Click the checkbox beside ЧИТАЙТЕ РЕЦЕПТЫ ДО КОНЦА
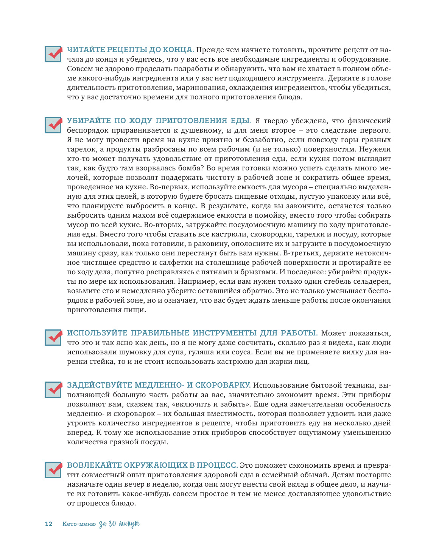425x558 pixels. (x=53, y=54)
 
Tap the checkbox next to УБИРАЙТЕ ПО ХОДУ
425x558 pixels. (x=53, y=125)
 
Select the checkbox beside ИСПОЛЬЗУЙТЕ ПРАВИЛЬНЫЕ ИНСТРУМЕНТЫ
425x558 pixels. (x=53, y=337)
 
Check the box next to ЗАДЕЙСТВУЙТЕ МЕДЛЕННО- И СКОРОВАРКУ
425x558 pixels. (x=53, y=390)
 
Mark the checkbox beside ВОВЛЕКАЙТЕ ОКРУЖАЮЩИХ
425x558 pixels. (x=53, y=470)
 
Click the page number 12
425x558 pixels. (x=48, y=524)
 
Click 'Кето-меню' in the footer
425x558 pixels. (x=79, y=524)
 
